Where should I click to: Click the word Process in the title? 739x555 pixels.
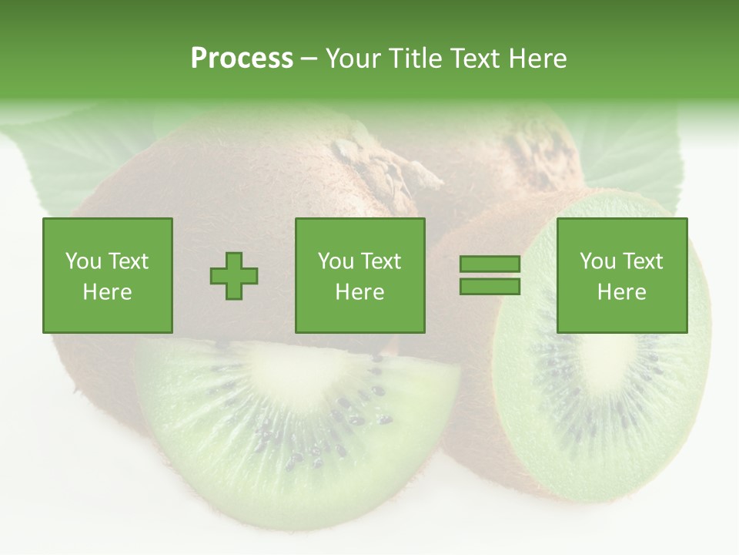pos(242,59)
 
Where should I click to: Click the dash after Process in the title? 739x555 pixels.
pos(309,59)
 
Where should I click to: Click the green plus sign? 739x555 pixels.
pos(234,276)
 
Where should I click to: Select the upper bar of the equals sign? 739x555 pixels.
pos(490,264)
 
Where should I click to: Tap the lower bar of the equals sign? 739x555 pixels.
pos(490,287)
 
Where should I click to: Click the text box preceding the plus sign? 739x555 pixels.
pos(108,275)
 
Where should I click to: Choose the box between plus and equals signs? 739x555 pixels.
pos(360,275)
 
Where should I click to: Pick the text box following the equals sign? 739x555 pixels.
pos(622,275)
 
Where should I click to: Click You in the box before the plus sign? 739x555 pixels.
pos(83,261)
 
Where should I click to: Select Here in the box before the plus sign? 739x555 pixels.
pos(108,292)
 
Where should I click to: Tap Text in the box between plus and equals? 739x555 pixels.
pos(380,261)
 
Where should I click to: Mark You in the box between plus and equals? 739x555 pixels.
pos(336,261)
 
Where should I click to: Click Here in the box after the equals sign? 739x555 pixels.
pos(622,292)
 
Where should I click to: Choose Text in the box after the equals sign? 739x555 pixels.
pos(642,261)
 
